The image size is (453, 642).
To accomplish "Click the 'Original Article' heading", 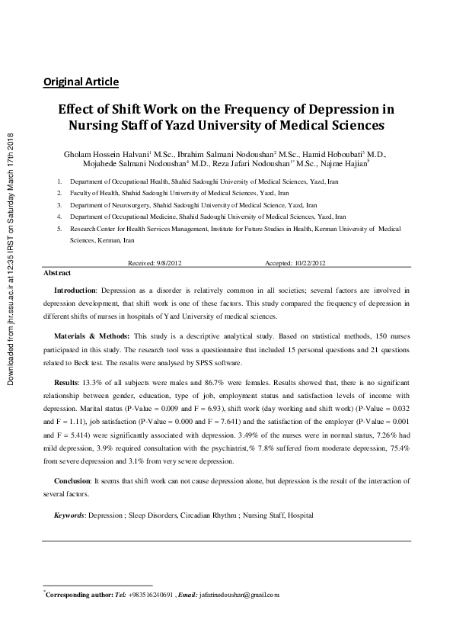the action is (x=81, y=82).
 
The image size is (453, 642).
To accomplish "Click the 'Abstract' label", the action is (x=57, y=272).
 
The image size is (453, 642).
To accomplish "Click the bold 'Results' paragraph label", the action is (x=66, y=380).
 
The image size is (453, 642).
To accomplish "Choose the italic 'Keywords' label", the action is (x=69, y=515).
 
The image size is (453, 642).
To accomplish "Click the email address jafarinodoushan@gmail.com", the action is (x=238, y=594).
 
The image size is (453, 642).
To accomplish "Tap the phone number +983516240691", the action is (x=151, y=594).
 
